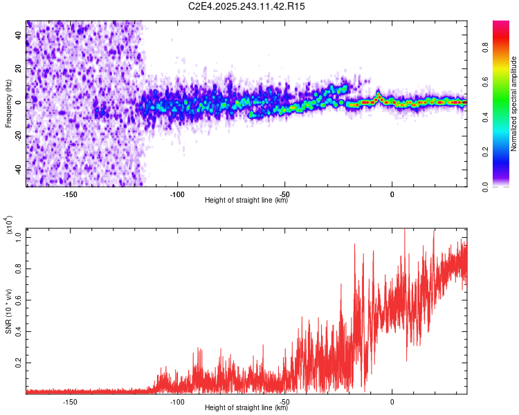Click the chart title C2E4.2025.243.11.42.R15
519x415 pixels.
pos(247,6)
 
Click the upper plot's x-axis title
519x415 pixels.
pos(247,200)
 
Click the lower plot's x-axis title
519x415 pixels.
pos(247,407)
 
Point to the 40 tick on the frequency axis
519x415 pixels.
pos(19,34)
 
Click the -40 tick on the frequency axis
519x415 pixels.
pos(19,169)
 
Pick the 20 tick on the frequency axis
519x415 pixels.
pos(19,68)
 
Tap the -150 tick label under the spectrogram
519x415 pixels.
pos(69,193)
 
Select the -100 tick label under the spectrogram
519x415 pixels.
pos(176,193)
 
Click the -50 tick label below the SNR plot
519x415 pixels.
pos(284,401)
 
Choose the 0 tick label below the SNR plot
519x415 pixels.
pos(392,401)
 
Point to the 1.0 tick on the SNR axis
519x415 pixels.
pos(19,237)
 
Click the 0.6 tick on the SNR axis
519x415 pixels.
pos(19,299)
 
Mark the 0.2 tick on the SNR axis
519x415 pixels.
pos(19,362)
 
